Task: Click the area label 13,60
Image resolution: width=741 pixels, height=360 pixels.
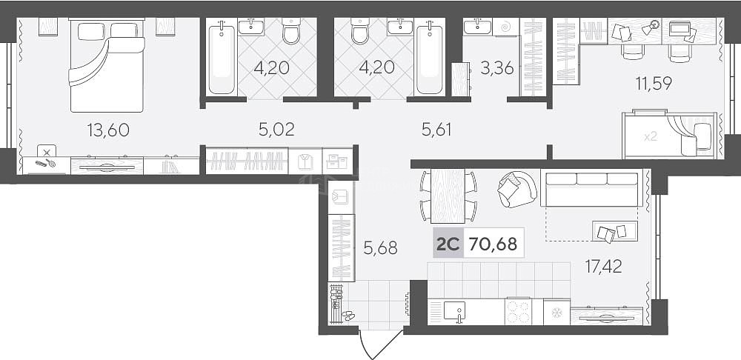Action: (108, 130)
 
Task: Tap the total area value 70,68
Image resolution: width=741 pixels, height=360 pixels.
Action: (493, 244)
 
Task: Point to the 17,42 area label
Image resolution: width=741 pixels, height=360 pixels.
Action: (603, 267)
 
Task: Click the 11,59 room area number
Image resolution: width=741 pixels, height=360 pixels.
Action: (654, 83)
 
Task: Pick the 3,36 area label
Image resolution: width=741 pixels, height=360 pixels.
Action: (496, 68)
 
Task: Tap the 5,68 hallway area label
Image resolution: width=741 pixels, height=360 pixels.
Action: (380, 247)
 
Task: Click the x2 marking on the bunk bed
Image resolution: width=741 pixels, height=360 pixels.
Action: (651, 137)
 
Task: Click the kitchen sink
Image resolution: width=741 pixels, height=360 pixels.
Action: (455, 311)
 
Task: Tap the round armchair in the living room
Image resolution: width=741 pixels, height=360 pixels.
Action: (517, 189)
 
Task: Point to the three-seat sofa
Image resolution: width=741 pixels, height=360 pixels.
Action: (591, 189)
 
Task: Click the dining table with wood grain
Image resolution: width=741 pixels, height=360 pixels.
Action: (448, 196)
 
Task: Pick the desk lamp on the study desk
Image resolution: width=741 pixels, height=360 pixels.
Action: (651, 27)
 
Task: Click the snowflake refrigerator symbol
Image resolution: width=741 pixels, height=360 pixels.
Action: (556, 312)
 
